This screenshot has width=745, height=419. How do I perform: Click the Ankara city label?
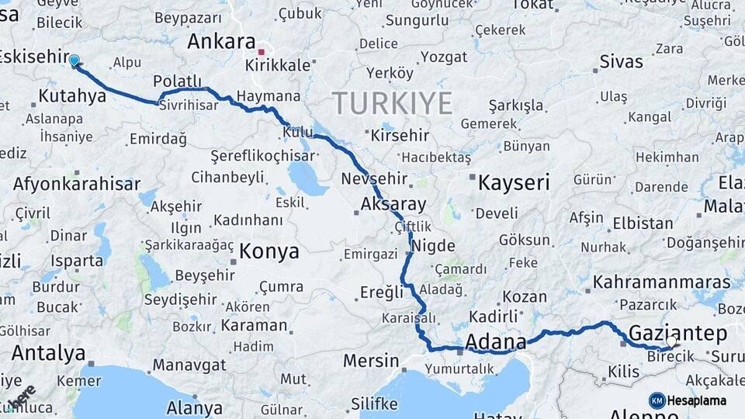point(221,41)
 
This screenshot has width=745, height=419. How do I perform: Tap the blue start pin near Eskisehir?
point(74,61)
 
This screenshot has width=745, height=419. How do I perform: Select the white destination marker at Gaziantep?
point(671,341)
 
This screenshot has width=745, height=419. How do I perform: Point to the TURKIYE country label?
point(392,102)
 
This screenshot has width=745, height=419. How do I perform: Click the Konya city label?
point(269,251)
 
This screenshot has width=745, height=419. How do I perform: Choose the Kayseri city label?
point(514,183)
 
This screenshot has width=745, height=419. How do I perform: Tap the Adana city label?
point(495,341)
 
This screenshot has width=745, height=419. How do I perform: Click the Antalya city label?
point(48,353)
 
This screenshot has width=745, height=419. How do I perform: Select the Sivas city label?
point(621,62)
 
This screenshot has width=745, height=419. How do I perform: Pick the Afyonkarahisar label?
point(76,184)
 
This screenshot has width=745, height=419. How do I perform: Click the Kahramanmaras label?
point(661,281)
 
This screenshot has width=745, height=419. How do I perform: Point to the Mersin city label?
point(370,361)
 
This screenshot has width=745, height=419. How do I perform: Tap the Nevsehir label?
point(374,178)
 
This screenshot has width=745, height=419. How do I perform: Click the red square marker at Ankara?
point(262,53)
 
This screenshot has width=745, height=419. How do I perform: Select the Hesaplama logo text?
point(698,400)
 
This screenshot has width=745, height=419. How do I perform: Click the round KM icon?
point(657,400)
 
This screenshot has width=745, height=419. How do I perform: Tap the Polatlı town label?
point(177,81)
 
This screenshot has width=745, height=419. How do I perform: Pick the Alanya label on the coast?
point(194,407)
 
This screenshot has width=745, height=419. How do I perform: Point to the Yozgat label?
point(445,57)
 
